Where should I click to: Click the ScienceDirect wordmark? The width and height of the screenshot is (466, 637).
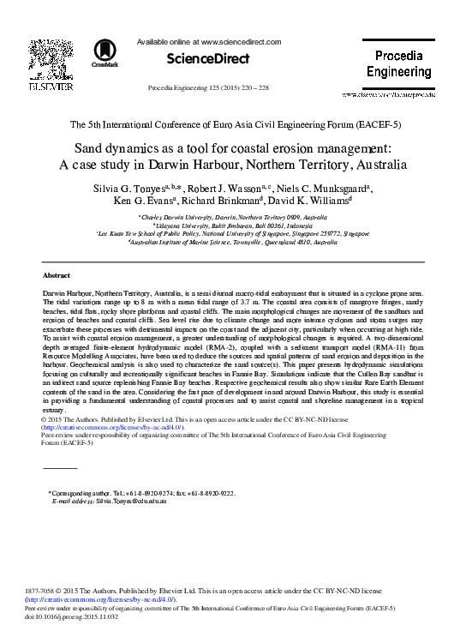pyautogui.click(x=209, y=59)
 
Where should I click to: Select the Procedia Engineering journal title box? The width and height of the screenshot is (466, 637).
pyautogui.click(x=399, y=64)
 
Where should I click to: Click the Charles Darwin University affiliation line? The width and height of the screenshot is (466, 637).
pyautogui.click(x=232, y=218)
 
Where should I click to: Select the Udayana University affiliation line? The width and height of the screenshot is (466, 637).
pyautogui.click(x=232, y=225)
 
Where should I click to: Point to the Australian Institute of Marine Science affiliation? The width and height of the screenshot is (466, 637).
pyautogui.click(x=232, y=242)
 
